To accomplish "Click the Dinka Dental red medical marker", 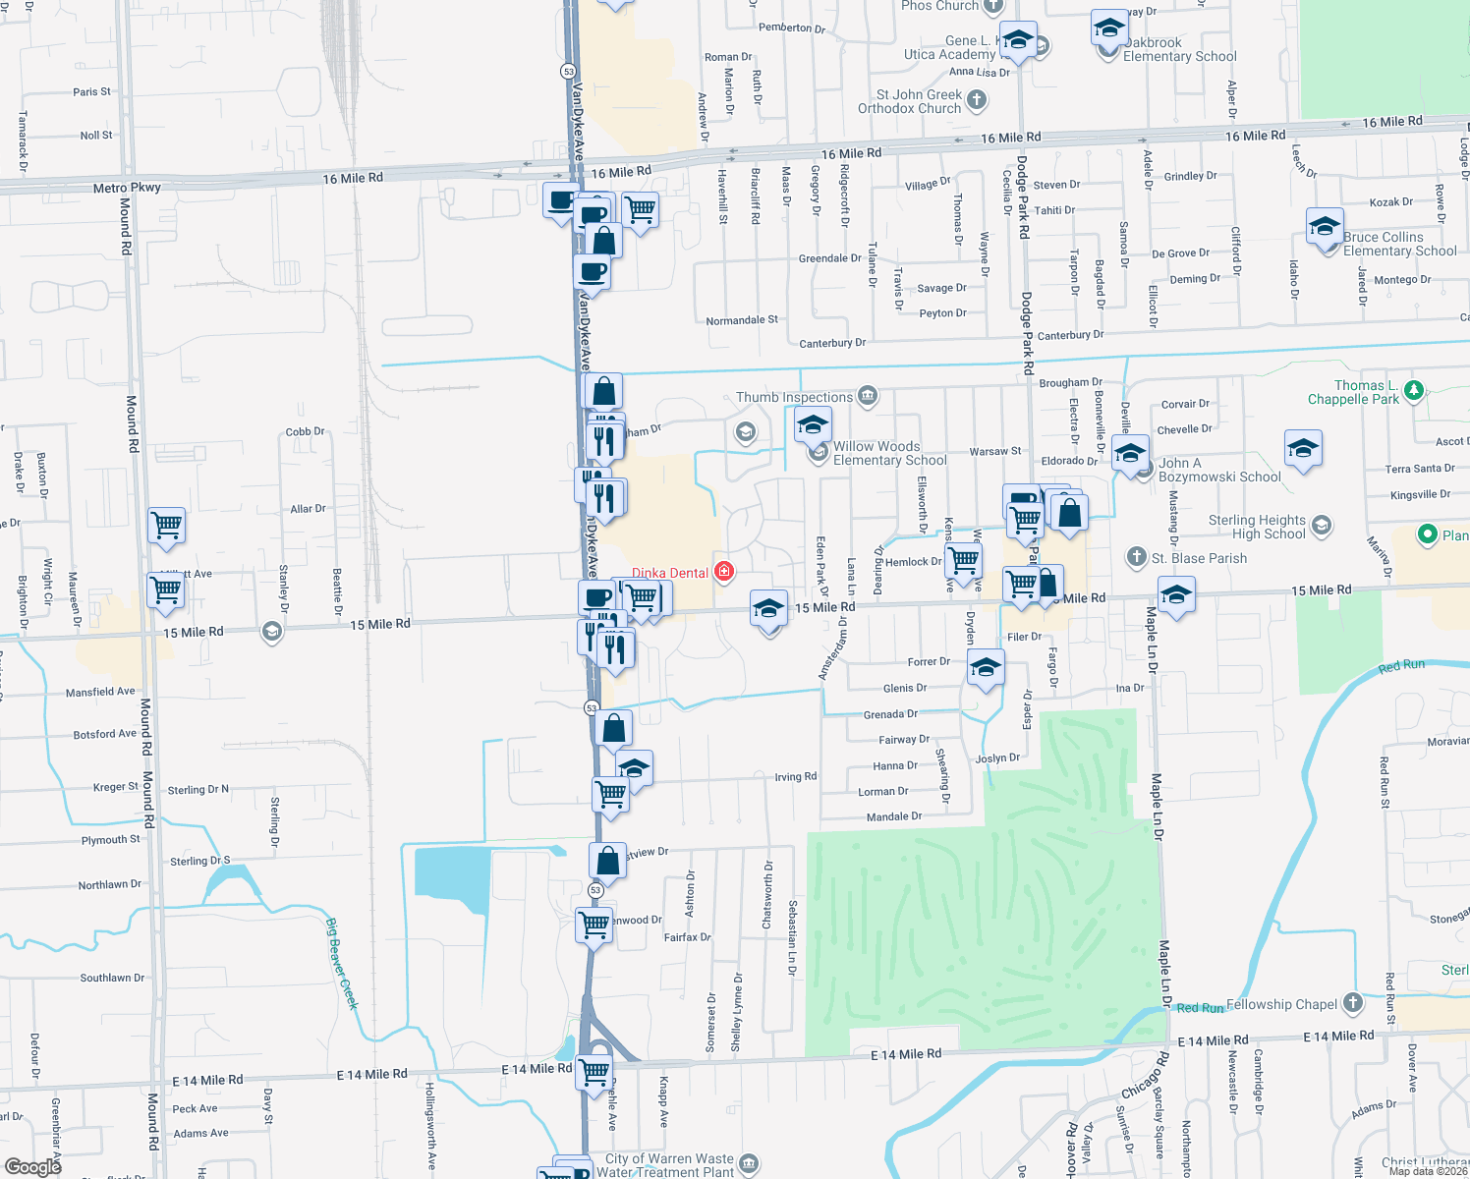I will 724,572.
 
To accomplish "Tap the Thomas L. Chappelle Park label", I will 1353,392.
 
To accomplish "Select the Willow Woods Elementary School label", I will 889,453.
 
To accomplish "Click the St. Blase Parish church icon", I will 1136,557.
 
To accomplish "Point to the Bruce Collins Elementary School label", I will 1399,244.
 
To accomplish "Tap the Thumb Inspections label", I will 794,397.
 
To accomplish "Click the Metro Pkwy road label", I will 127,188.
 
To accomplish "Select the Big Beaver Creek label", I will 342,963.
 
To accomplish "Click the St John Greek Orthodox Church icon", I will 977,99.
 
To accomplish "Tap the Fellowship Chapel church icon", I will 1353,1003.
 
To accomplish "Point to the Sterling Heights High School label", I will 1257,527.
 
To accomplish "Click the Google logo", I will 32,1166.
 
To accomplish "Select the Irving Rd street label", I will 795,777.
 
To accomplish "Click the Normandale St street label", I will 742,320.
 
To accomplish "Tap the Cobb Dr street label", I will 305,431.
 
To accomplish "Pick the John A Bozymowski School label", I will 1219,470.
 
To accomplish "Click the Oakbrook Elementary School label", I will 1179,50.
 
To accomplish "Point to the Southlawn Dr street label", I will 112,978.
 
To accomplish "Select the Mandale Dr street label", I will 894,816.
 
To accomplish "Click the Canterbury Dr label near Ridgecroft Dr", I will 832,343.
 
